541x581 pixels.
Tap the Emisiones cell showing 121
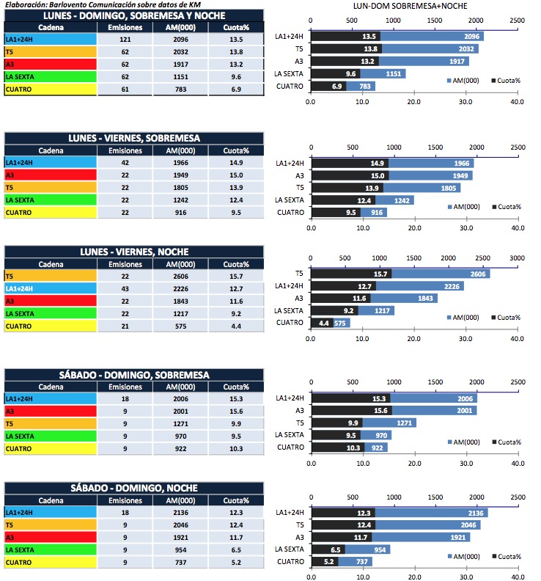120,39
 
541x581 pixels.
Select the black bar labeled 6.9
328,86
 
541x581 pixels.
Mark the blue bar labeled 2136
431,512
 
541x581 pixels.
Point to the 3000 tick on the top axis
517,258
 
